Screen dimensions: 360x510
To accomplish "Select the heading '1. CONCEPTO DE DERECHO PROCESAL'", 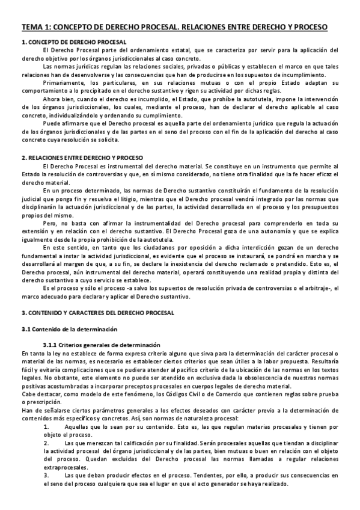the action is [x=74, y=43].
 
